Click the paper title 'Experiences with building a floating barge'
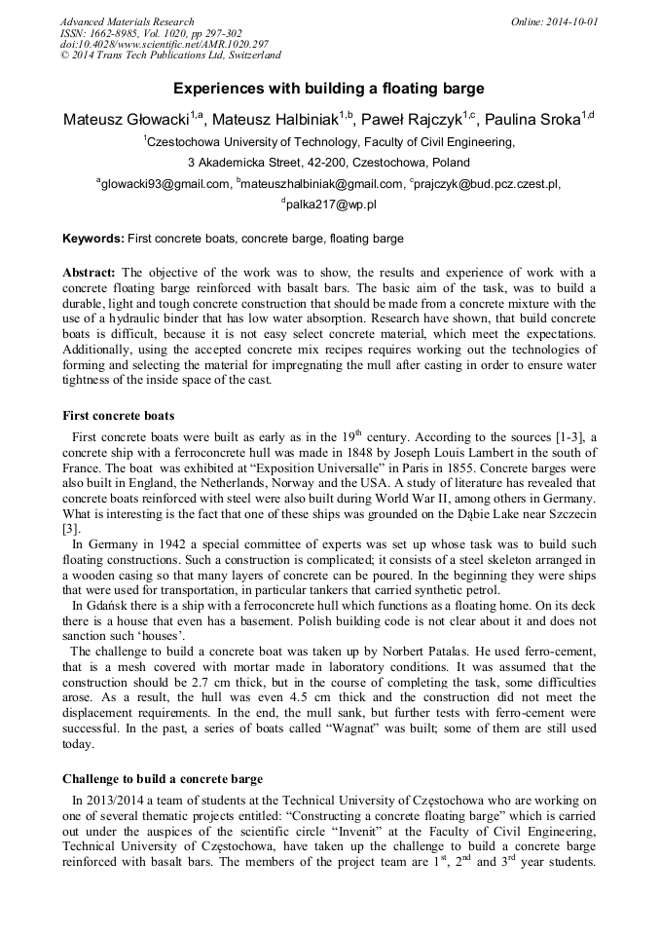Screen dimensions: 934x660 [329, 89]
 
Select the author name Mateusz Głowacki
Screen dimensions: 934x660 [126, 120]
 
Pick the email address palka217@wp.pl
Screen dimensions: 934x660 [330, 205]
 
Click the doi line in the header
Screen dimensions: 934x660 [165, 45]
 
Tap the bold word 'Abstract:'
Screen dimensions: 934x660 [90, 272]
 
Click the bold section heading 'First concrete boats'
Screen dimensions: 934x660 [118, 416]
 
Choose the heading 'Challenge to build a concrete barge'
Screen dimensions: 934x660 [163, 779]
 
